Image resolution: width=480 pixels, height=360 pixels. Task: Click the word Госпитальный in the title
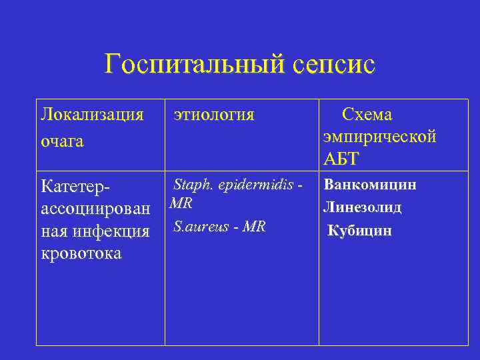[195, 65]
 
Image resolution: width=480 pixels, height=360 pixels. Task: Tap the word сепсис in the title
[334, 65]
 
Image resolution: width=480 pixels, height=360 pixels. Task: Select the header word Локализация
[93, 115]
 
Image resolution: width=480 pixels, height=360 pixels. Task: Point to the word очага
[62, 141]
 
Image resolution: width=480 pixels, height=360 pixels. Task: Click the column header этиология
[214, 115]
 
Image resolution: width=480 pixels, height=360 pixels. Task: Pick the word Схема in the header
[367, 114]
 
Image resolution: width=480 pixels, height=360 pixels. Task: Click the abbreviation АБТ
[341, 158]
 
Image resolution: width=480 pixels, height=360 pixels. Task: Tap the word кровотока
[81, 254]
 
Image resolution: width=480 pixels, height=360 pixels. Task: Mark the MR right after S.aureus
[254, 227]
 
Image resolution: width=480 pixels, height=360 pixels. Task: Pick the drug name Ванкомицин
[370, 185]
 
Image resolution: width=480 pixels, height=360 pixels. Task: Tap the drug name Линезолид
[363, 207]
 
